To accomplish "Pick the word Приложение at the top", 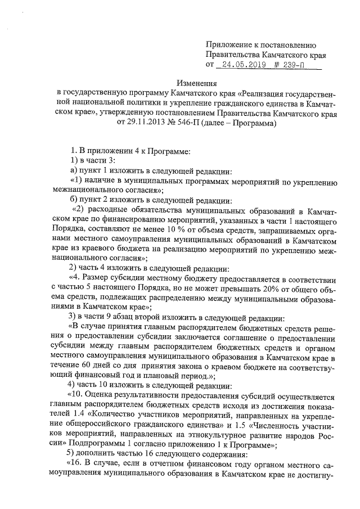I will [x=229, y=45].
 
